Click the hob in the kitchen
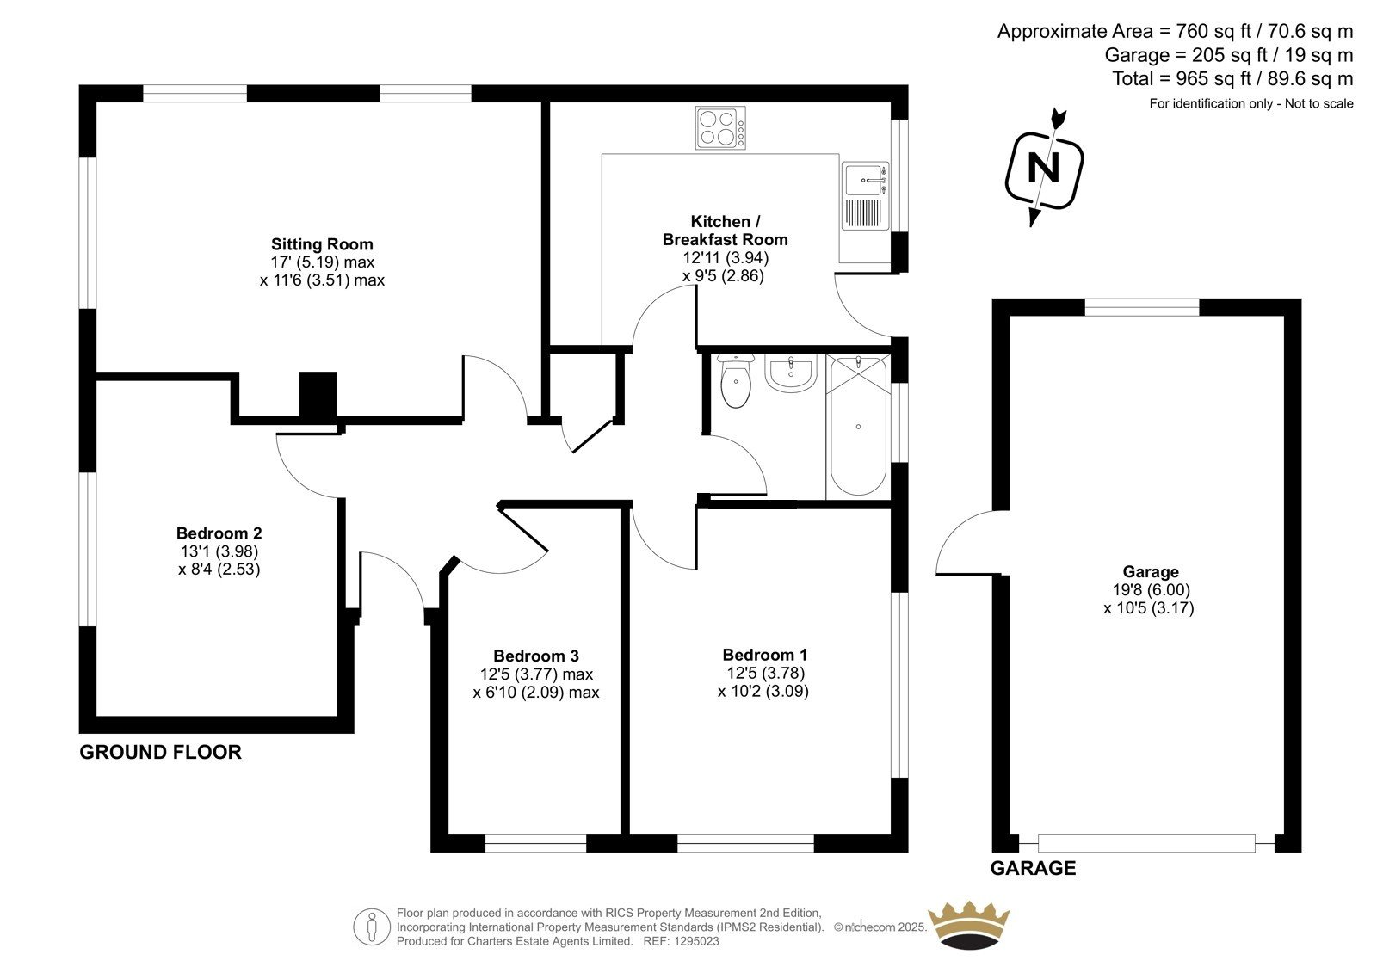[x=720, y=127]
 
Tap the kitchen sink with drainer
[x=865, y=195]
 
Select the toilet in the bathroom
[x=736, y=382]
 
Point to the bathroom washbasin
[x=791, y=373]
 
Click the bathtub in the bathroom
[x=858, y=426]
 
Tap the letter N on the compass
[x=1044, y=168]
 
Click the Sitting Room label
[x=322, y=244]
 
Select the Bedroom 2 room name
[x=219, y=533]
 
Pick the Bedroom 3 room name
[x=536, y=656]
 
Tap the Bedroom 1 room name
[x=765, y=655]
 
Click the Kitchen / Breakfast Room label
[x=725, y=231]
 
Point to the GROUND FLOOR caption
[x=160, y=753]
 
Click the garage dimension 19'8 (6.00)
[x=1151, y=590]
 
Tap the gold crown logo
[x=969, y=926]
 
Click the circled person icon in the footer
[x=371, y=927]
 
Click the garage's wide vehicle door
[x=1146, y=843]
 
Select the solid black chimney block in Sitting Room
[x=318, y=395]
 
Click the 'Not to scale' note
[x=1319, y=103]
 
